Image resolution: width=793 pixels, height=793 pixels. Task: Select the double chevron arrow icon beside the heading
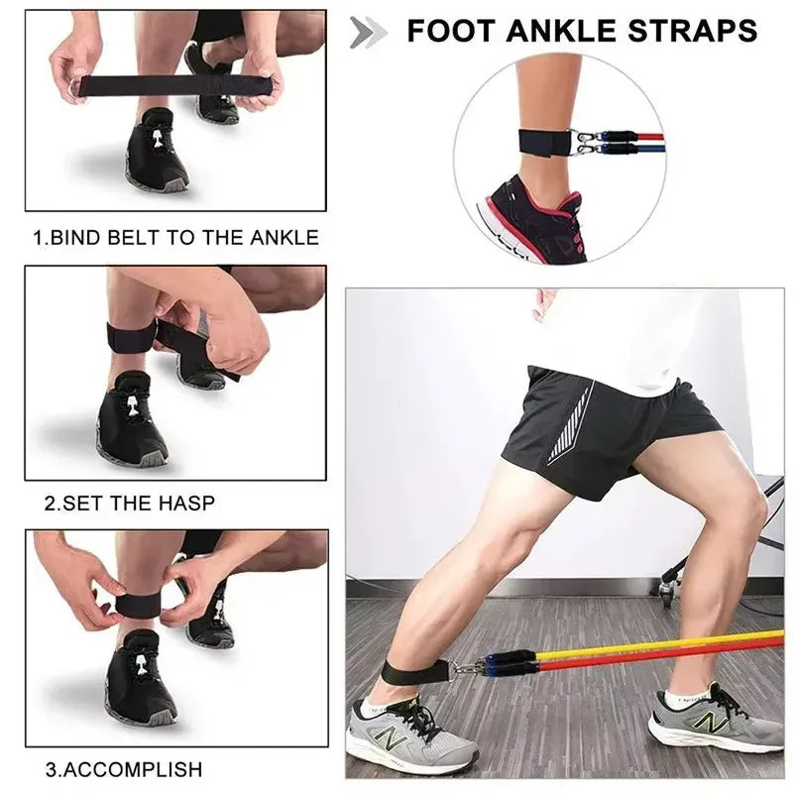point(368,32)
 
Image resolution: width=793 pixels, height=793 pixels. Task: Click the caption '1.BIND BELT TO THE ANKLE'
point(176,238)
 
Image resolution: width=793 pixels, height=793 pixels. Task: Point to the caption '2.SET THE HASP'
point(129,503)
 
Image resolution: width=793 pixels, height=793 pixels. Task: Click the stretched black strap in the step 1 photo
point(159,85)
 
